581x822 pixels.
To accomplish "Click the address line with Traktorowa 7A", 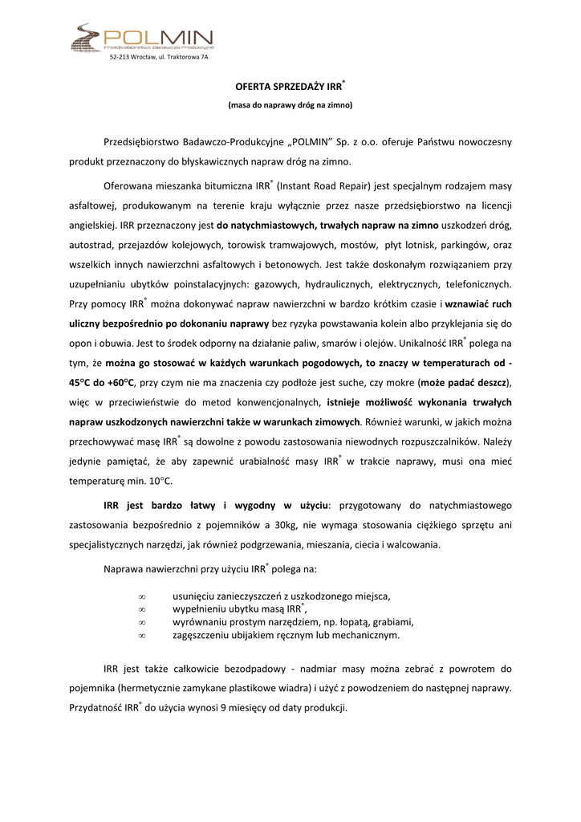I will (x=159, y=58).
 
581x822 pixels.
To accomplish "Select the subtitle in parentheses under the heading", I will (x=290, y=105).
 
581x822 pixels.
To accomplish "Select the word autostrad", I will (x=90, y=245).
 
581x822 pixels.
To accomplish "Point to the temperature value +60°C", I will (x=116, y=383).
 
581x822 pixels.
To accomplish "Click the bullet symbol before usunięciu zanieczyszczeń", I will (x=141, y=596).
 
